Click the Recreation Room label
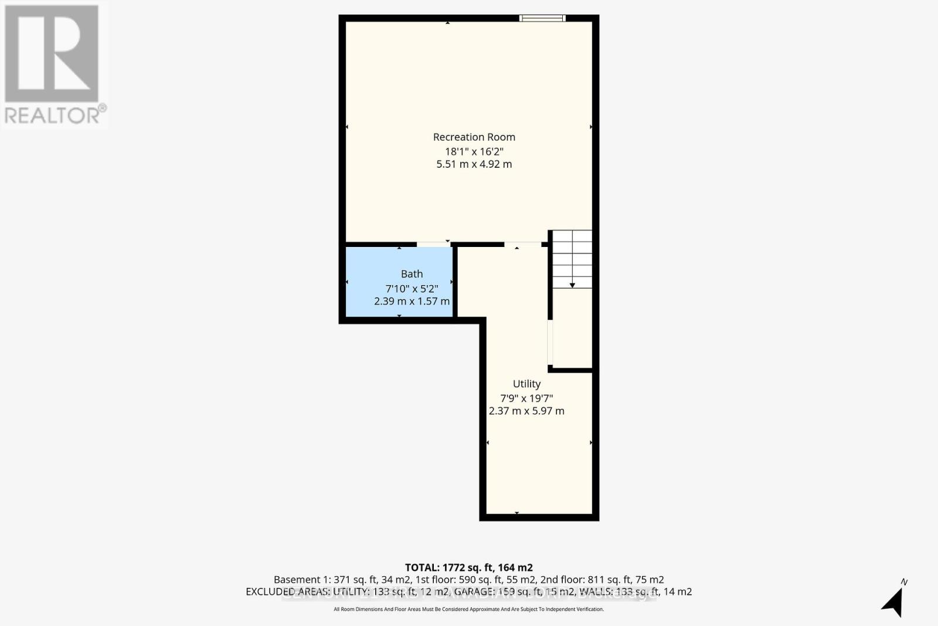click(474, 137)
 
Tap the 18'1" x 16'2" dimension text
click(474, 151)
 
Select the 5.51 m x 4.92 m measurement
click(474, 164)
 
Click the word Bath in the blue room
click(412, 274)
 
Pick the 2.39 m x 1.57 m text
click(412, 301)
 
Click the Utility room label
click(526, 384)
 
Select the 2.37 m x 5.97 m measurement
click(526, 411)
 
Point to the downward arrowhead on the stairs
click(572, 285)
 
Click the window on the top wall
click(542, 18)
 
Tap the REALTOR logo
click(53, 65)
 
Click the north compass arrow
click(893, 601)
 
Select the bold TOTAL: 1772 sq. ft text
click(468, 567)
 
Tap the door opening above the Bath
click(434, 244)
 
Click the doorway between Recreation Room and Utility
click(522, 244)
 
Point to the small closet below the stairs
click(572, 329)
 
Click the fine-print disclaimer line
click(468, 609)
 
